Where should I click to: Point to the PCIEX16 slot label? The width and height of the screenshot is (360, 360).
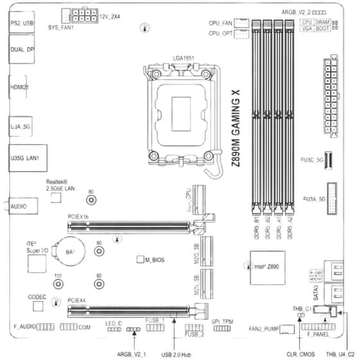click(78, 218)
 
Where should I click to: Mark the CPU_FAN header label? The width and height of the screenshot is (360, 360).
click(220, 22)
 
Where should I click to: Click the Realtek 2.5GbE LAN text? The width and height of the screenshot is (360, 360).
click(61, 185)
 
